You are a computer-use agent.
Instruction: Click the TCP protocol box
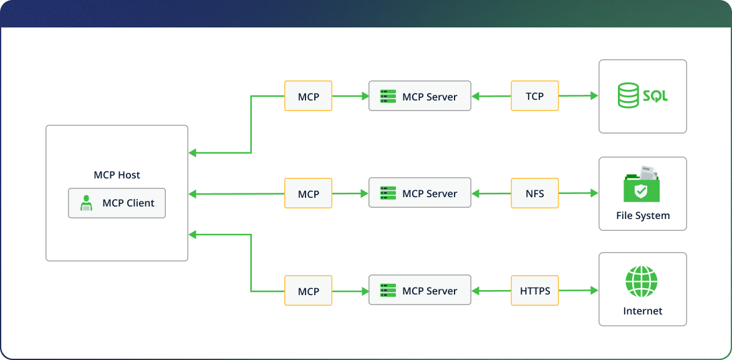pos(534,96)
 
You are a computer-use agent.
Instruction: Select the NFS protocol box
pos(534,193)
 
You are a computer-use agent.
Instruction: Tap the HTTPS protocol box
pos(534,291)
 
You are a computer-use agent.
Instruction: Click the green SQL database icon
pos(642,96)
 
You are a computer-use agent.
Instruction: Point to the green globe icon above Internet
pos(642,282)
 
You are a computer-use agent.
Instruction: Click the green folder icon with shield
pos(642,185)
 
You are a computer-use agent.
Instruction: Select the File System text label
pos(642,216)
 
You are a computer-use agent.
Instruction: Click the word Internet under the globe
pos(642,311)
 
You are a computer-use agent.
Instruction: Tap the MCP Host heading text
pos(117,175)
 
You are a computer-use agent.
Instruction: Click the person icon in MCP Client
pos(87,203)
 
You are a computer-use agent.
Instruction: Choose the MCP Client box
pos(117,203)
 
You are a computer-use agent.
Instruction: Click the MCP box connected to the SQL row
pos(308,96)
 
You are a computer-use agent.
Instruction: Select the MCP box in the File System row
pos(308,193)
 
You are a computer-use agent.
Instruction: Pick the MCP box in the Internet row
pos(308,291)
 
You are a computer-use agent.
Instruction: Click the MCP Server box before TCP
pos(420,96)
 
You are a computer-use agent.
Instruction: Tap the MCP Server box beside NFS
pos(420,193)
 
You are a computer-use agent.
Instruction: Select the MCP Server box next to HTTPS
pos(420,291)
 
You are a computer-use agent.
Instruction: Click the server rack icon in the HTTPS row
pos(388,291)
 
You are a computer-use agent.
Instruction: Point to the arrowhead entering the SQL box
pos(594,96)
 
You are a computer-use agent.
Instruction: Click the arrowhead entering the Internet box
pos(594,291)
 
